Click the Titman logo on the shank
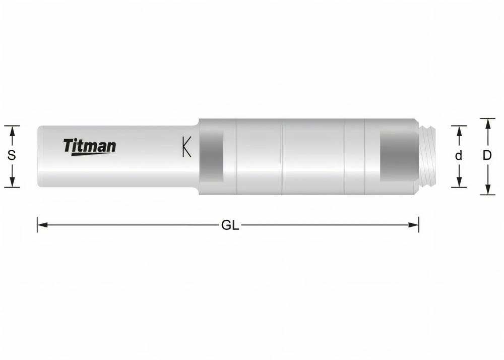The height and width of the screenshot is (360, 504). tap(90, 146)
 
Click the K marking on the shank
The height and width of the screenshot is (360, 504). tap(186, 147)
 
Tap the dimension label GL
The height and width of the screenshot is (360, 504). tap(230, 225)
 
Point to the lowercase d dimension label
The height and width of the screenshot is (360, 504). tap(458, 156)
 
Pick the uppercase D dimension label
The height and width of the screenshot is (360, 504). tap(487, 156)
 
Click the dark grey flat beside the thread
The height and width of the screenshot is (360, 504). tap(399, 156)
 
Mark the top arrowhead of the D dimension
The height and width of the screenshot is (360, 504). tap(487, 123)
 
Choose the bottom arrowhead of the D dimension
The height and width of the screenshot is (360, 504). tap(487, 190)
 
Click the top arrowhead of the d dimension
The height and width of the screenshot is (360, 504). tap(459, 130)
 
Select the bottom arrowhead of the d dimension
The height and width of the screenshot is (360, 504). tap(459, 183)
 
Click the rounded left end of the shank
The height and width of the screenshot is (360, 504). tap(40, 156)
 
